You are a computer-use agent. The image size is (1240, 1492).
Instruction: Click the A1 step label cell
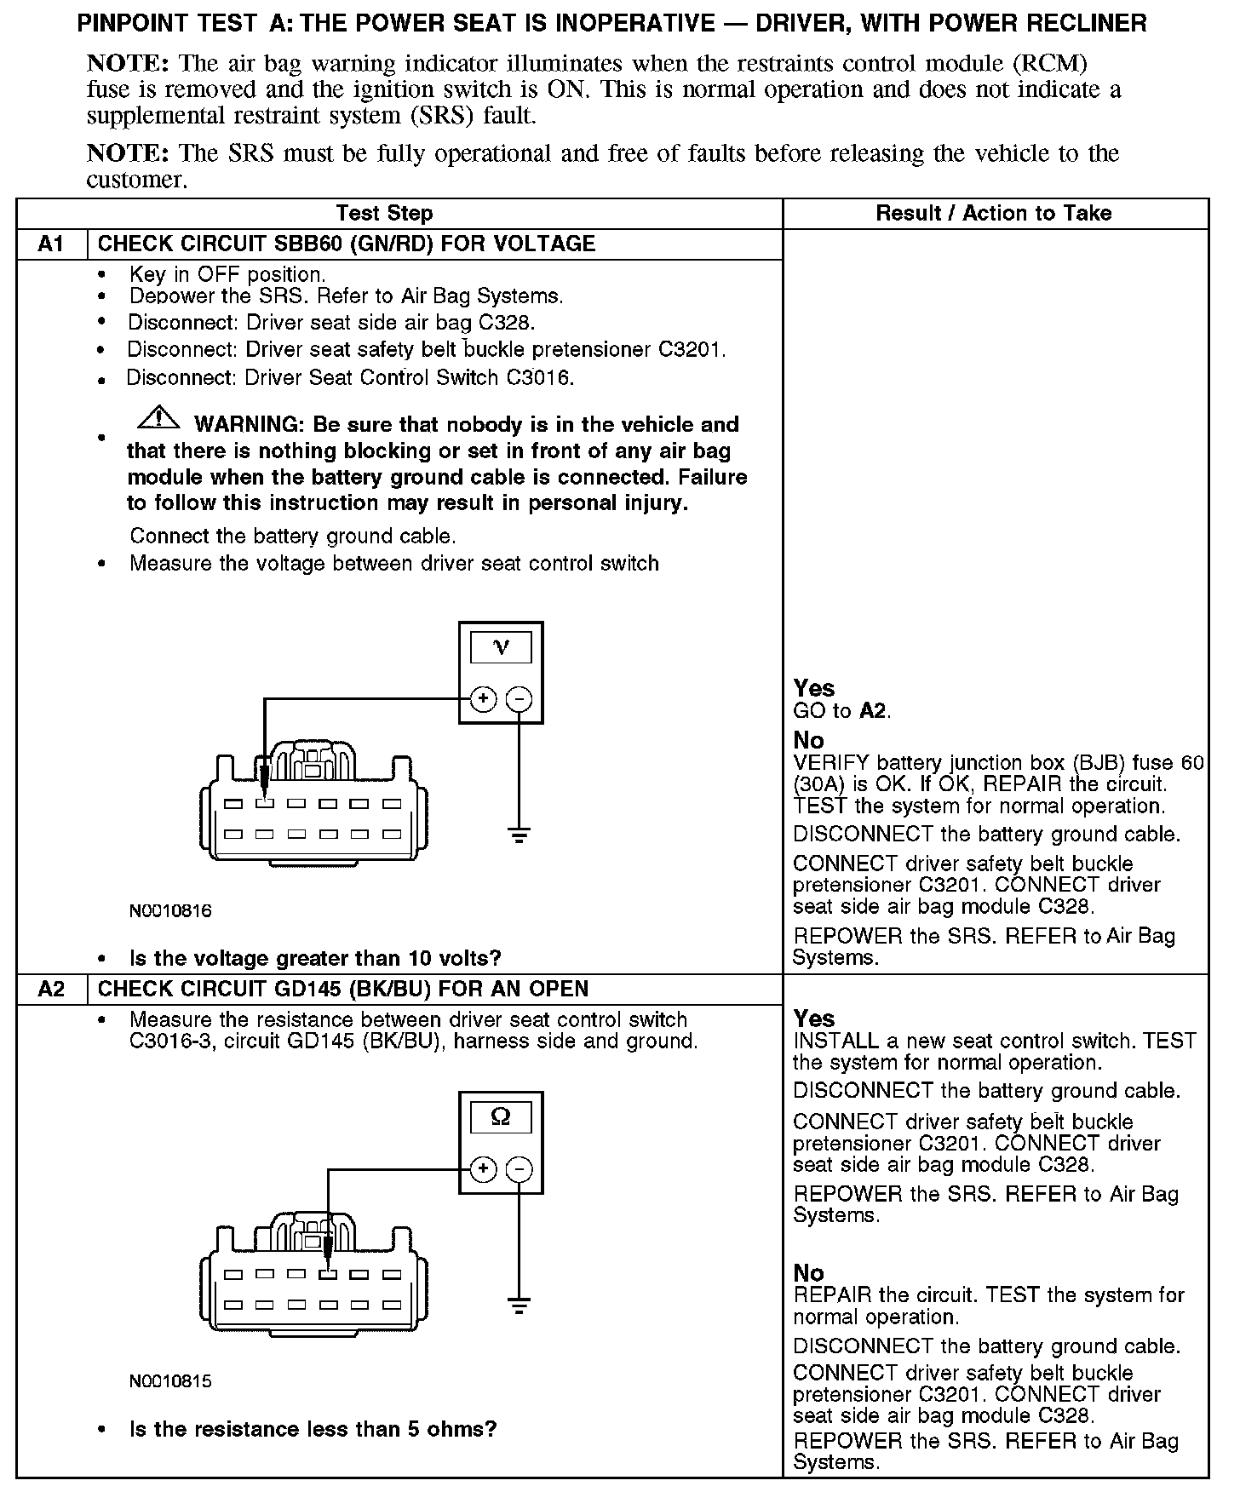point(51,244)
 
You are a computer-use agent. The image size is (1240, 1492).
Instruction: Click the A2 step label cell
point(51,990)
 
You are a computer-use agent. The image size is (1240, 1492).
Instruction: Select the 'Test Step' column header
point(384,213)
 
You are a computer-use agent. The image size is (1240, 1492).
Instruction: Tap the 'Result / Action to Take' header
point(994,213)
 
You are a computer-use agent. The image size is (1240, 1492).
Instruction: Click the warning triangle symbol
point(157,418)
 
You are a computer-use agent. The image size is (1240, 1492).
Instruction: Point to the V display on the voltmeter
point(501,648)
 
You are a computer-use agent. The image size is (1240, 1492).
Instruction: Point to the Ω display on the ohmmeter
point(501,1117)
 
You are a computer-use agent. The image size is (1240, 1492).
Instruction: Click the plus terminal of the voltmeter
point(483,700)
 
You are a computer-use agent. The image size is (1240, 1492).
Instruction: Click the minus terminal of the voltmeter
point(519,700)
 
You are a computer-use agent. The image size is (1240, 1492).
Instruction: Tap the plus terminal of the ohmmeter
point(483,1169)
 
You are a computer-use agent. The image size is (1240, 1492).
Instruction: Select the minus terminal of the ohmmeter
point(519,1169)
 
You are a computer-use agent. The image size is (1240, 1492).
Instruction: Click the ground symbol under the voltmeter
point(519,834)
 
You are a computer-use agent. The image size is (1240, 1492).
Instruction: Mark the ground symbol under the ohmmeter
point(519,1305)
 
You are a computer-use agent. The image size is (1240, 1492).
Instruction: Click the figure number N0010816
point(170,911)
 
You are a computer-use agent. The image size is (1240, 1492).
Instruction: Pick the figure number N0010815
point(170,1381)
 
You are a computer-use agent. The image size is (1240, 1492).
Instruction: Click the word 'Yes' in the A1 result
point(814,688)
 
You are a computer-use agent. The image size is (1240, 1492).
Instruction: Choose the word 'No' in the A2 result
point(808,1273)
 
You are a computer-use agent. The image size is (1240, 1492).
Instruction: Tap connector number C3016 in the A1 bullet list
point(538,377)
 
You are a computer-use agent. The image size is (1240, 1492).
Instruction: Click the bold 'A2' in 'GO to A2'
point(873,711)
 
